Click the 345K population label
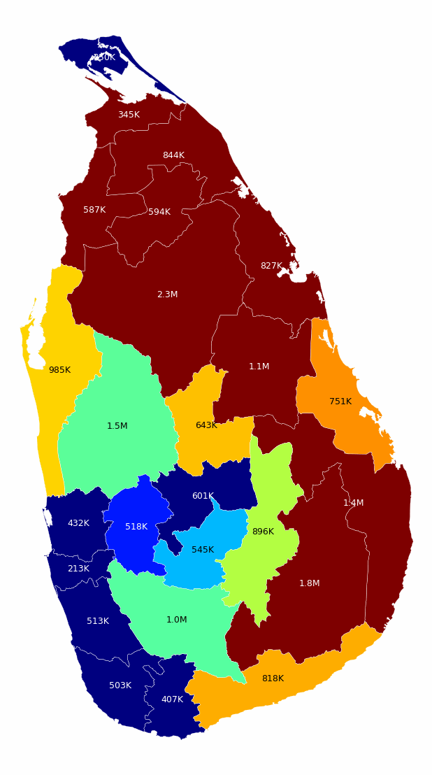(129, 115)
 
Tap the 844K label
(173, 155)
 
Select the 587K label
(94, 210)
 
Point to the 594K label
(159, 212)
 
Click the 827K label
(271, 266)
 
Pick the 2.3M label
(167, 294)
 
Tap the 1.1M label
(259, 367)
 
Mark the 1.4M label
(353, 503)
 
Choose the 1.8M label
(309, 583)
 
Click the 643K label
(206, 425)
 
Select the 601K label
(203, 496)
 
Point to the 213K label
(78, 569)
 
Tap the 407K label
(172, 699)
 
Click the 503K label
(120, 685)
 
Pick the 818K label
(273, 678)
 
